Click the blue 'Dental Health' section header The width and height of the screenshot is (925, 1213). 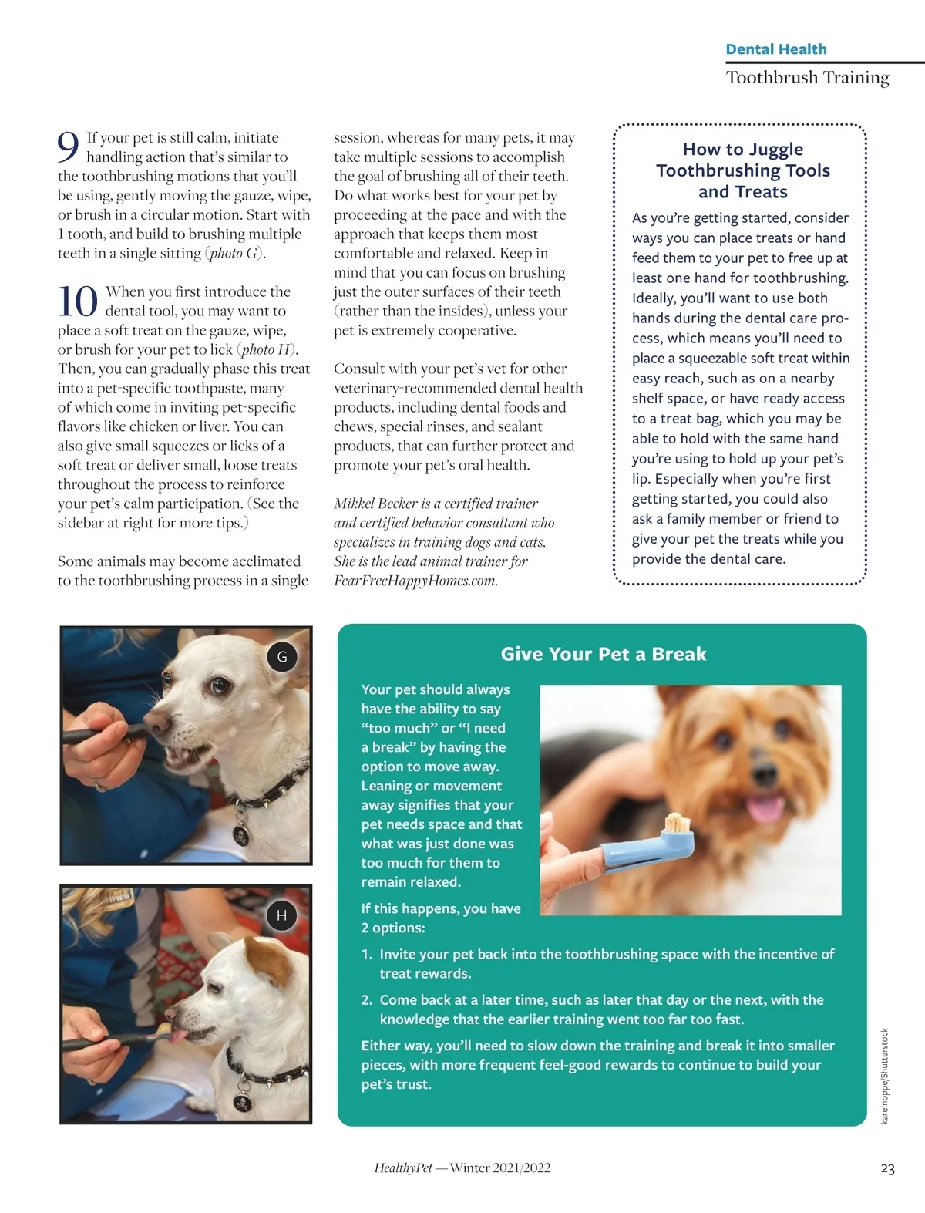(775, 49)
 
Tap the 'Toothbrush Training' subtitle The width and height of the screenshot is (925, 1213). (807, 77)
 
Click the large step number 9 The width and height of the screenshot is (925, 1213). (69, 147)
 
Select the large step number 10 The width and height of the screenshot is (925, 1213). (78, 302)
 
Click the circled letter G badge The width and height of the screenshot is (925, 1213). (281, 656)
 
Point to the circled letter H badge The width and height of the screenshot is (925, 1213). (281, 915)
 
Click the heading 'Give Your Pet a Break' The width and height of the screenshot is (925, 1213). (603, 654)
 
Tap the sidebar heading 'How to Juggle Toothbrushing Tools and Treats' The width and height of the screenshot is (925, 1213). (743, 170)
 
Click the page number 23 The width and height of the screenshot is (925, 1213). (887, 1168)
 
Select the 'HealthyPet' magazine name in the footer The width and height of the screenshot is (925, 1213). (403, 1168)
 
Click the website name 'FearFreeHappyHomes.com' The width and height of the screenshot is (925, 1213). (415, 580)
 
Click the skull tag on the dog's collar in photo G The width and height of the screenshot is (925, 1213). (241, 835)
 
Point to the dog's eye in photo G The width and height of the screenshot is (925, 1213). (220, 686)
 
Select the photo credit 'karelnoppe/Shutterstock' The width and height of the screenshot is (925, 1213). (885, 1076)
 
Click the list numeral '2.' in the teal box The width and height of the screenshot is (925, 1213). (367, 999)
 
